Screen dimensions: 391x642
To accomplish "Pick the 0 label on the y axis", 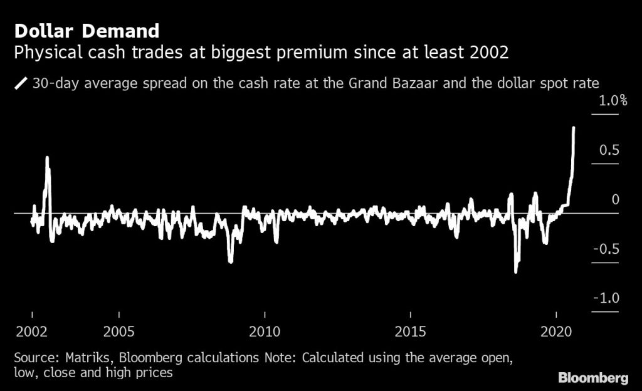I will pyautogui.click(x=615, y=200).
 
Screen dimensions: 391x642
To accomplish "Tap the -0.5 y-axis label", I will pyautogui.click(x=604, y=249).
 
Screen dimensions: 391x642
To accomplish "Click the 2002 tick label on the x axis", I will pyautogui.click(x=32, y=331).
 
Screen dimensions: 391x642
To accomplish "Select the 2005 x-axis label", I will pyautogui.click(x=118, y=331).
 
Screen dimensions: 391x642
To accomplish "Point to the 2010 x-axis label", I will pyautogui.click(x=265, y=331).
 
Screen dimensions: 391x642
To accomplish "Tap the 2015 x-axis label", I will pyautogui.click(x=410, y=331).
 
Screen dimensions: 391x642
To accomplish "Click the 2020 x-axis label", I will pyautogui.click(x=556, y=331).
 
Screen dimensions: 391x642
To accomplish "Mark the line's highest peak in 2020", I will pyautogui.click(x=574, y=128).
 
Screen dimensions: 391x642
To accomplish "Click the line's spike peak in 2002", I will pyautogui.click(x=48, y=158).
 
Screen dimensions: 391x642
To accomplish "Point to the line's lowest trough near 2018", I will pyautogui.click(x=516, y=271).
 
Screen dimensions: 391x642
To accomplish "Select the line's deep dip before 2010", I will pyautogui.click(x=231, y=261).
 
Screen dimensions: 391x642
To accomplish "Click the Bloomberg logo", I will pyautogui.click(x=592, y=378).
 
